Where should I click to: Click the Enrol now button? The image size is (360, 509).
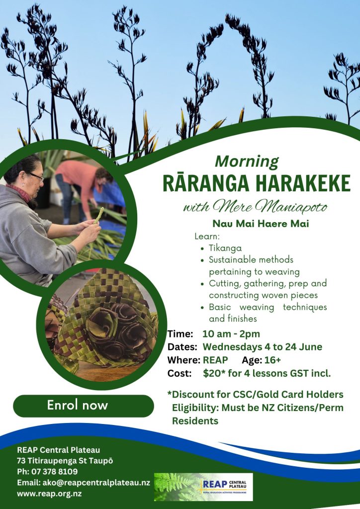coord(84,406)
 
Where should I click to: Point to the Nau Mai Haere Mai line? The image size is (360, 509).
coord(261,224)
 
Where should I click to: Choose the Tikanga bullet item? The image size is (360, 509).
coord(225,248)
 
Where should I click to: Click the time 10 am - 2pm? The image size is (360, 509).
coord(231,334)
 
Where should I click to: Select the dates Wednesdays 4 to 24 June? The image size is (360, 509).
coord(262,346)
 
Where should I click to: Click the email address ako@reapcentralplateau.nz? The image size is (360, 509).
coord(96,483)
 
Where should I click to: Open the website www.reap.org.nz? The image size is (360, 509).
coord(49,494)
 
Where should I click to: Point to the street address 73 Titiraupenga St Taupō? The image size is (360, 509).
coord(65,461)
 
